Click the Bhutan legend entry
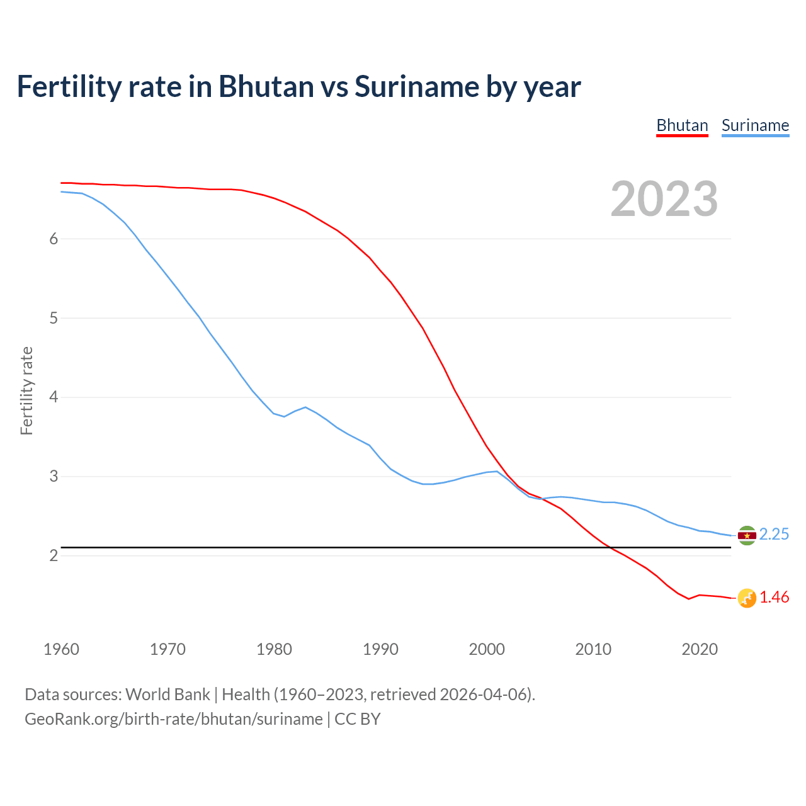(682, 125)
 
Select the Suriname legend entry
(755, 125)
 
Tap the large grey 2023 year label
(664, 199)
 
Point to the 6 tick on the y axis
(54, 239)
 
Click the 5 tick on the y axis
(54, 318)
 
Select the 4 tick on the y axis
(54, 397)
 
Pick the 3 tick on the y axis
(54, 477)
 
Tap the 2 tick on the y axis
(54, 556)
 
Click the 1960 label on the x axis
(61, 649)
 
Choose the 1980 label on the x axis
(274, 649)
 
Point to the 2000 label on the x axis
(487, 649)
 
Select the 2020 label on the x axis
(700, 649)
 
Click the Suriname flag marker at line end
(747, 535)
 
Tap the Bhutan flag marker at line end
(747, 598)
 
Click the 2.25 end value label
(774, 535)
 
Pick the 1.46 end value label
(774, 598)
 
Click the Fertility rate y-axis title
(26, 390)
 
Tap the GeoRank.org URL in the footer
(173, 719)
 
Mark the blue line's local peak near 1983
(305, 407)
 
